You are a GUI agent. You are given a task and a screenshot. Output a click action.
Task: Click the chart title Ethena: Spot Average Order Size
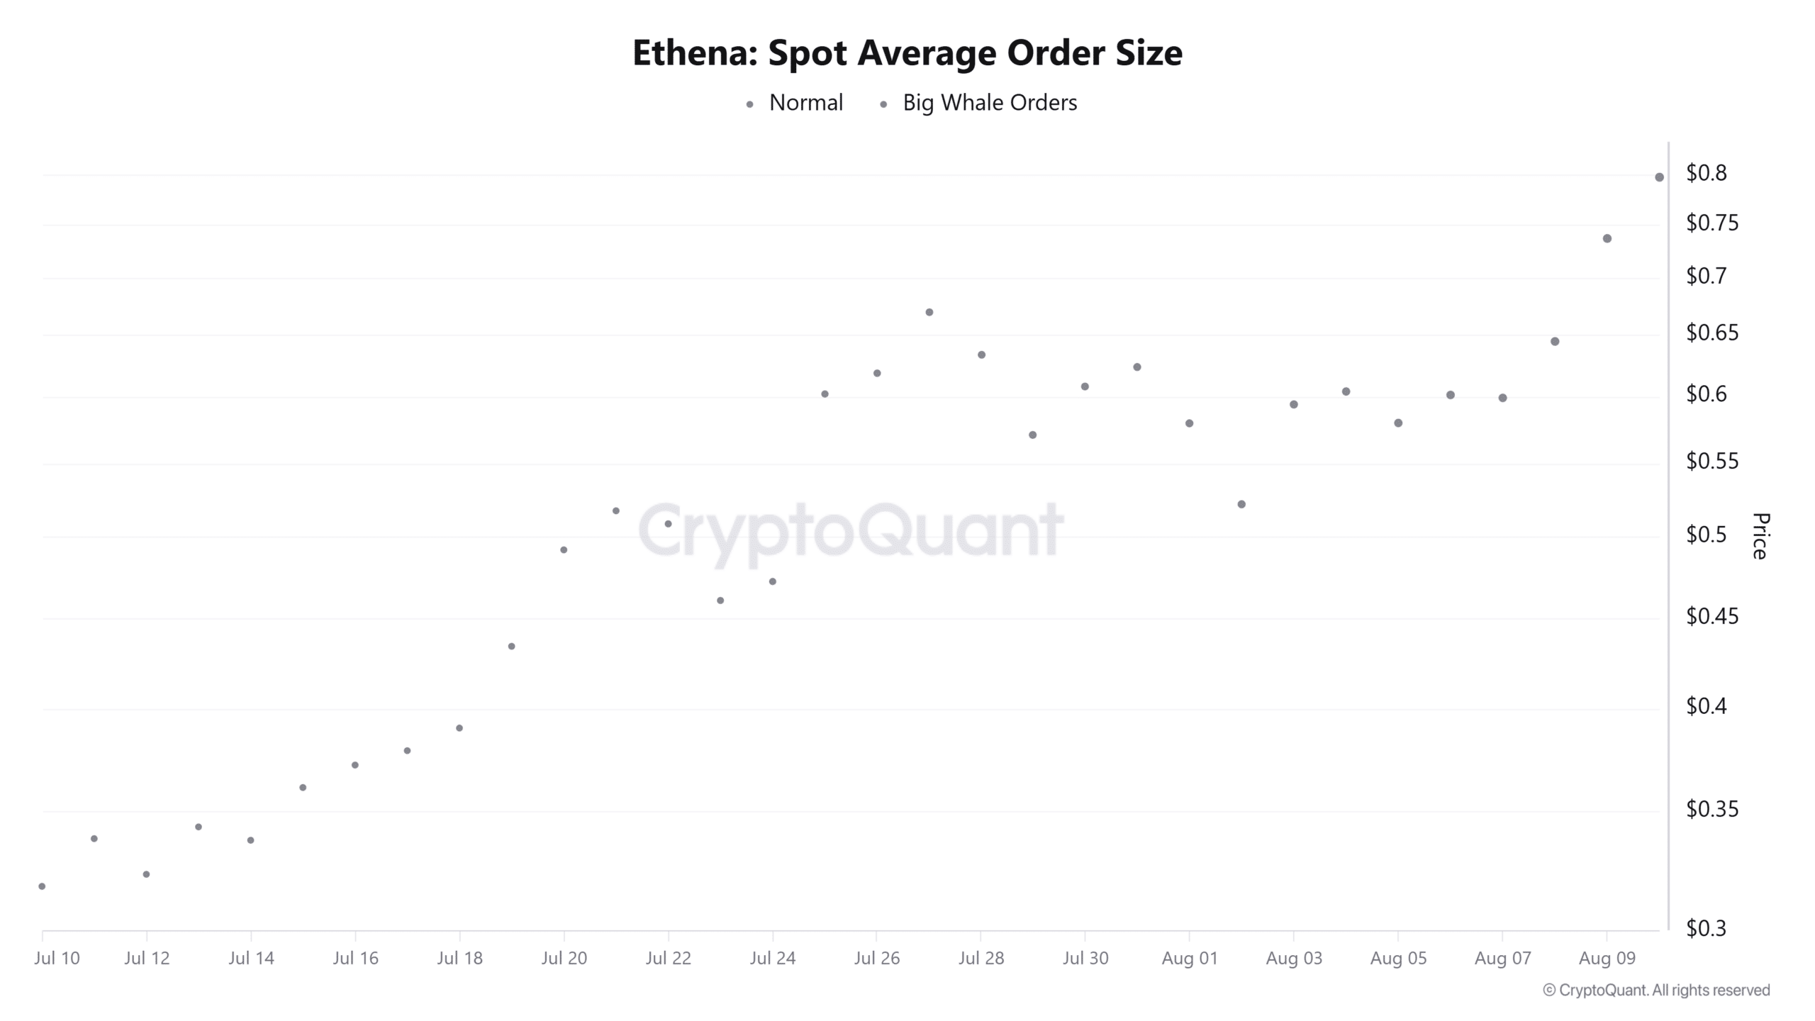(x=907, y=53)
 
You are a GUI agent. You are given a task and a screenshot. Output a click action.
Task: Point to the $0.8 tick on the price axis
(x=1707, y=173)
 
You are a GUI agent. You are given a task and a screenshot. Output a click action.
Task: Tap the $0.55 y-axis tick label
(x=1711, y=462)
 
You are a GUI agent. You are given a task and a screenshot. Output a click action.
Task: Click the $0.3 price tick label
(x=1707, y=928)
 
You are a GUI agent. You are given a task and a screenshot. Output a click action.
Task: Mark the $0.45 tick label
(x=1711, y=616)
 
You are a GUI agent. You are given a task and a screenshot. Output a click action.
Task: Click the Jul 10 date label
(x=57, y=959)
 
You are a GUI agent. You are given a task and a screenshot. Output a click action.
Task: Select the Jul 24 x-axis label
(x=773, y=959)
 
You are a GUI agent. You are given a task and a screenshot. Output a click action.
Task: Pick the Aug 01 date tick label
(x=1190, y=959)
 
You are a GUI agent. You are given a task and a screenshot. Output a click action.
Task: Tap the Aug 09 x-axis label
(x=1607, y=959)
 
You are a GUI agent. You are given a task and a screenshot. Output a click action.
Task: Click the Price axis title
(x=1760, y=536)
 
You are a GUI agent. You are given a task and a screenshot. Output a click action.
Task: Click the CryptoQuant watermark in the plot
(x=851, y=530)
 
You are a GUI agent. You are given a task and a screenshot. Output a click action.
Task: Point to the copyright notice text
(x=1656, y=991)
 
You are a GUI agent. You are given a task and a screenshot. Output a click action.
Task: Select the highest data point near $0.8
(x=1659, y=177)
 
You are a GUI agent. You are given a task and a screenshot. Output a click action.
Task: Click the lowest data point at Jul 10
(x=42, y=886)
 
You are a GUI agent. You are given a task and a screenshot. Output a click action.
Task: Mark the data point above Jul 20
(x=564, y=550)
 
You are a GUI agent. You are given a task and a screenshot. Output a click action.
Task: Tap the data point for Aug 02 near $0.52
(x=1241, y=505)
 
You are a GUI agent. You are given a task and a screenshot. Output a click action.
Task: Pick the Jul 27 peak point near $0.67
(x=929, y=313)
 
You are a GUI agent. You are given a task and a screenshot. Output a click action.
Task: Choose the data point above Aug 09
(x=1607, y=239)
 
